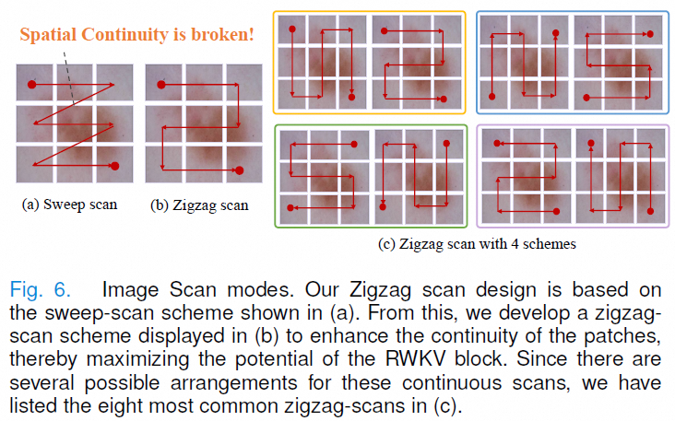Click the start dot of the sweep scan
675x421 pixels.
32,85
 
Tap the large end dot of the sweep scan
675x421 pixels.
115,166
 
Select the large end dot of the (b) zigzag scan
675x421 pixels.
240,170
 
